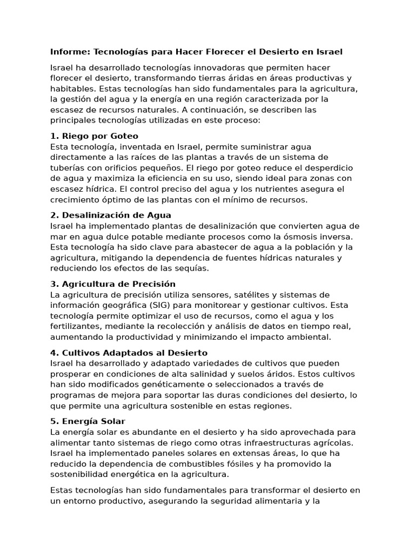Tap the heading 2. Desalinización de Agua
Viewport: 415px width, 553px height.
[110, 215]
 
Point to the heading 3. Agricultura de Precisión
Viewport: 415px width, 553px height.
[112, 284]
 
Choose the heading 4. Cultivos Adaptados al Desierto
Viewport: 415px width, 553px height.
[129, 353]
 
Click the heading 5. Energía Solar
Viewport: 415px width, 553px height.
[88, 421]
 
